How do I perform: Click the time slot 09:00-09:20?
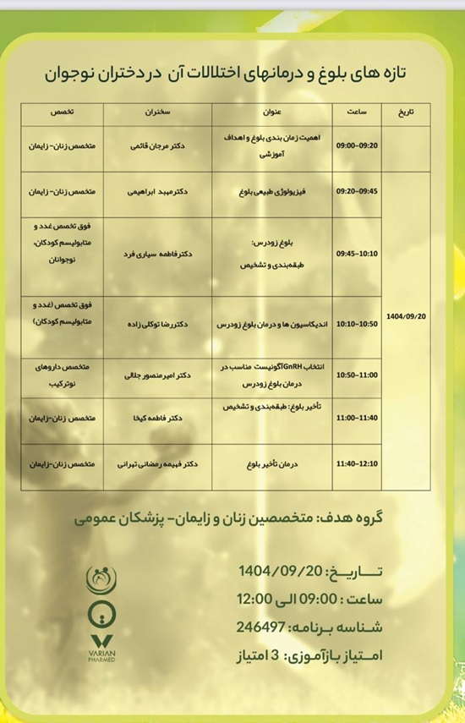[x=356, y=145]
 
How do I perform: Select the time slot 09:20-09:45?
[x=356, y=191]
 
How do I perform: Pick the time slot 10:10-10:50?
[x=356, y=323]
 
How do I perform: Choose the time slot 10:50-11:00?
[x=356, y=374]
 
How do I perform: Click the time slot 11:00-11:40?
[x=356, y=418]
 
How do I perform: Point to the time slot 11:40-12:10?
[x=356, y=465]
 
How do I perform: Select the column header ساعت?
[x=356, y=111]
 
